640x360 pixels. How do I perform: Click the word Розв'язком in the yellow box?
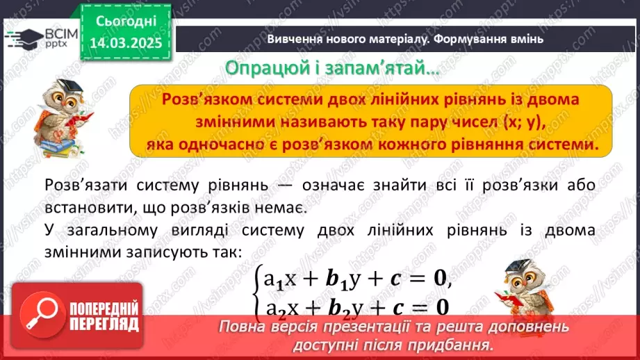199,99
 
